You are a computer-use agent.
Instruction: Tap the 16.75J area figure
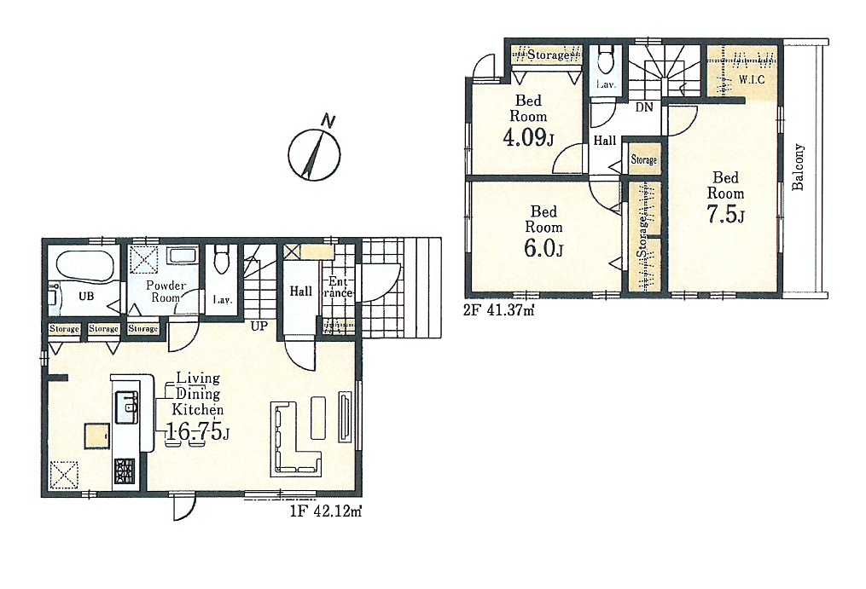coord(197,432)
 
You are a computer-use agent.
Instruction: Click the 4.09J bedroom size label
coord(528,137)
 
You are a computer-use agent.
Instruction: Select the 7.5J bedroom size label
coord(726,214)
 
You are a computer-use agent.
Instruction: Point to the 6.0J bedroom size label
coord(543,248)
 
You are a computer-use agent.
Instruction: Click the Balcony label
coord(798,167)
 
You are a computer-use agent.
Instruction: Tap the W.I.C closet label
coord(752,79)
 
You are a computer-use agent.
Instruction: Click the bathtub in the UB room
coord(84,265)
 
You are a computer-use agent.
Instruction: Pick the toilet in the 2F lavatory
coord(606,61)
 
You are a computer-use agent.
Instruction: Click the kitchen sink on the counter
coord(126,407)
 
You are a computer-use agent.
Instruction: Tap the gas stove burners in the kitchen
coord(125,471)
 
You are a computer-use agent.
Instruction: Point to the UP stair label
coord(259,326)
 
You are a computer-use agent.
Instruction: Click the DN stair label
coord(644,107)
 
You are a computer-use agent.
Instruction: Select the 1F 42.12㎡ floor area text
coord(325,511)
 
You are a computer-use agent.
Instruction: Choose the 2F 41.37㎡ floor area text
coord(498,310)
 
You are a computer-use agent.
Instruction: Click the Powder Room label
coord(166,292)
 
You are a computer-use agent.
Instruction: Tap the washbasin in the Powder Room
coord(182,255)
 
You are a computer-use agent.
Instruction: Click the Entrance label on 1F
coord(338,287)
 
